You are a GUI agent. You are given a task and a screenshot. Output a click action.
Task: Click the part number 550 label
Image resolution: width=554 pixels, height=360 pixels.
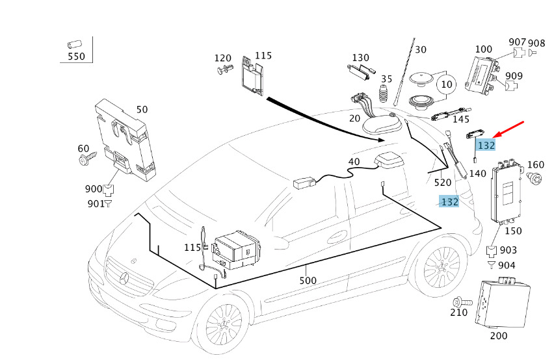tap(76, 57)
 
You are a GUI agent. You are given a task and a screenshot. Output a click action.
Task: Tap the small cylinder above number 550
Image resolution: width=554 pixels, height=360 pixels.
tap(74, 44)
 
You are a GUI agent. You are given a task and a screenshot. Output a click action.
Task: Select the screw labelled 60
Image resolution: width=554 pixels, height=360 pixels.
tap(87, 158)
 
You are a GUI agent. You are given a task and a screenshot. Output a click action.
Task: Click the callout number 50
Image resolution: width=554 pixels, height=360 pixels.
tap(142, 109)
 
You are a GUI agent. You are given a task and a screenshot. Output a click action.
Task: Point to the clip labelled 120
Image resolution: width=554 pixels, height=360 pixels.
tap(225, 70)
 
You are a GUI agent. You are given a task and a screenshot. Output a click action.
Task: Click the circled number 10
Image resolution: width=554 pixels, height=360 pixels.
tap(447, 84)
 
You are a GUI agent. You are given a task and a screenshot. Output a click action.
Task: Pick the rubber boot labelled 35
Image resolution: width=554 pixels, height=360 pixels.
tap(384, 94)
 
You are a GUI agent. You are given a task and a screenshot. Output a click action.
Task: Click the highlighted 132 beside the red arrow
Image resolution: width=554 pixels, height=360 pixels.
tap(486, 145)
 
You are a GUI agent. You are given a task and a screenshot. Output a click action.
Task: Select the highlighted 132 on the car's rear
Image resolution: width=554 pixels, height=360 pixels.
tap(449, 201)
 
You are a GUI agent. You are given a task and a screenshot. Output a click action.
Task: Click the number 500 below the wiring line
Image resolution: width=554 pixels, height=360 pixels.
tap(308, 281)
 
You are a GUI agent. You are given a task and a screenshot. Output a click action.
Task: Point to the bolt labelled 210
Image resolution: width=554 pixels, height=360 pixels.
tap(462, 302)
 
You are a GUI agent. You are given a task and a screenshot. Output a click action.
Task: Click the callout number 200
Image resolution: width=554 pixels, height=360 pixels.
tap(499, 336)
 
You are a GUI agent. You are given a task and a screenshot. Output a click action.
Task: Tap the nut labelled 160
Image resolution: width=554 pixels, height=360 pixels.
tap(534, 178)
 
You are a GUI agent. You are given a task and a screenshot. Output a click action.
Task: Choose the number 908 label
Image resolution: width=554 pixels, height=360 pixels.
tap(536, 44)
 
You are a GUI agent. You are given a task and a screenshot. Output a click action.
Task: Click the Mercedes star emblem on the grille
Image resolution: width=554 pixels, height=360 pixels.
tap(124, 279)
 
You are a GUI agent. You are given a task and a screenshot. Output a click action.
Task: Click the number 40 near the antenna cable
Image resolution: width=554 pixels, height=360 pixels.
tap(354, 162)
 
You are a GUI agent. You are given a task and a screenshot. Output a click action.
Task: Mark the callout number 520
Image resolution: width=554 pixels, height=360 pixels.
tap(443, 183)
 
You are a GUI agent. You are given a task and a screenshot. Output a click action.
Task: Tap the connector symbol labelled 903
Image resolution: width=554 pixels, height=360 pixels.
tap(492, 251)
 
